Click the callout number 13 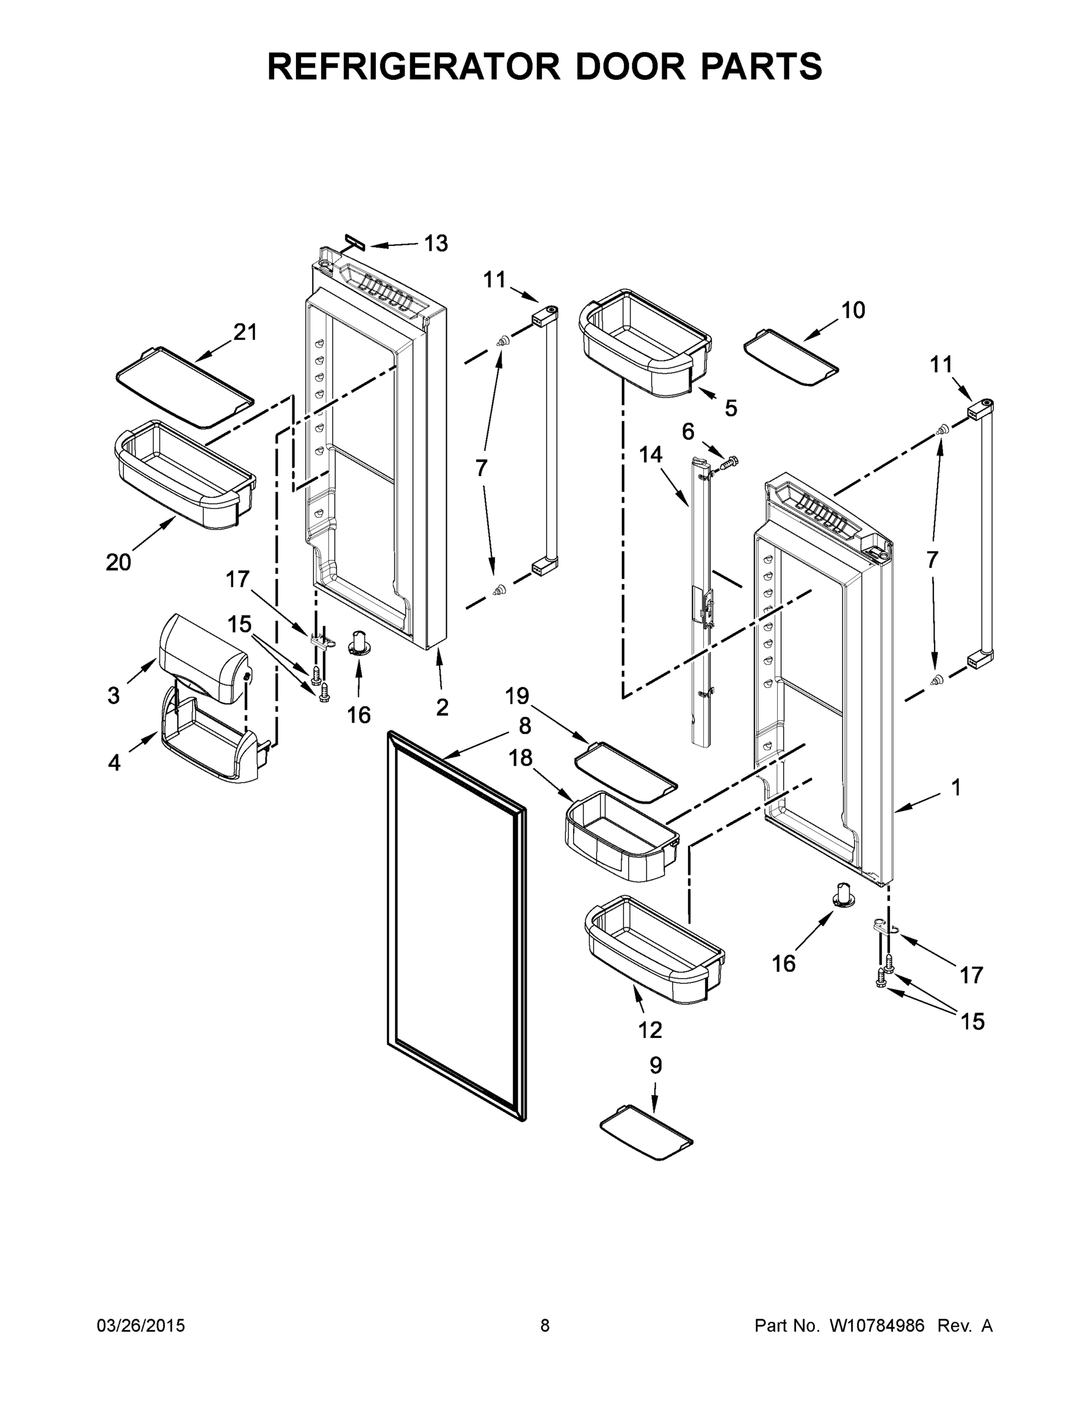436,243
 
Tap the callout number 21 245,332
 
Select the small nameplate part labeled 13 355,242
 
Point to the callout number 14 650,455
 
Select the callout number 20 119,562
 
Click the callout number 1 956,787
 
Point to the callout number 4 114,763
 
